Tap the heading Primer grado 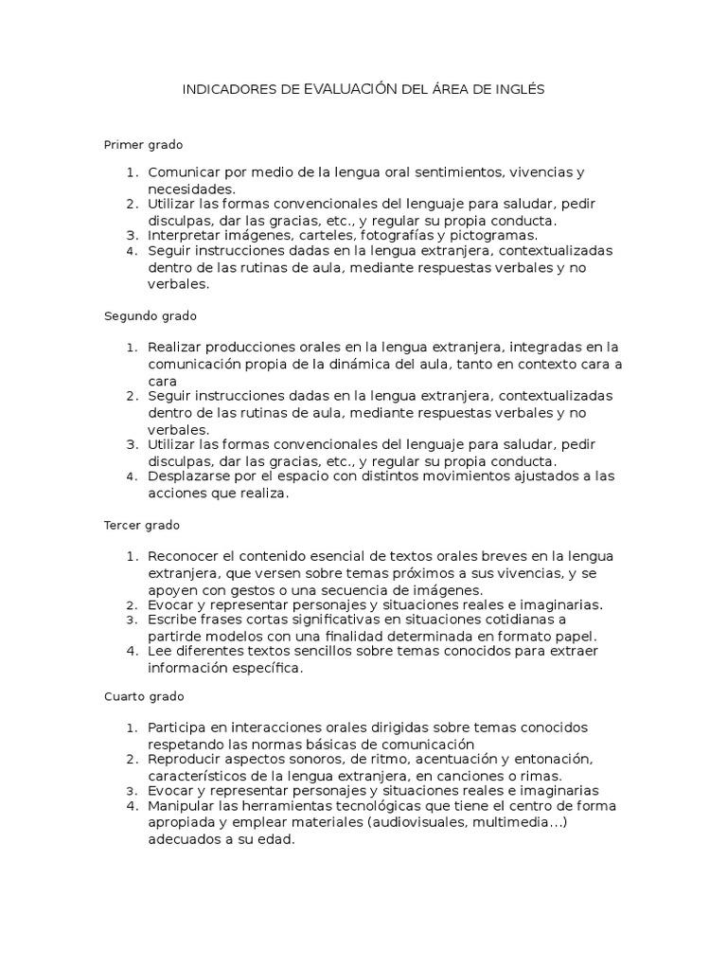click(143, 145)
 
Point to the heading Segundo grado click(150, 315)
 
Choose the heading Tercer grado click(142, 525)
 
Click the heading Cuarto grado click(144, 697)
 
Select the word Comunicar click(183, 172)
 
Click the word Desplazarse click(189, 476)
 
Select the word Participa click(180, 727)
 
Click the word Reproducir click(186, 759)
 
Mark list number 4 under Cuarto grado click(132, 806)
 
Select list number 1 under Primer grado click(132, 172)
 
